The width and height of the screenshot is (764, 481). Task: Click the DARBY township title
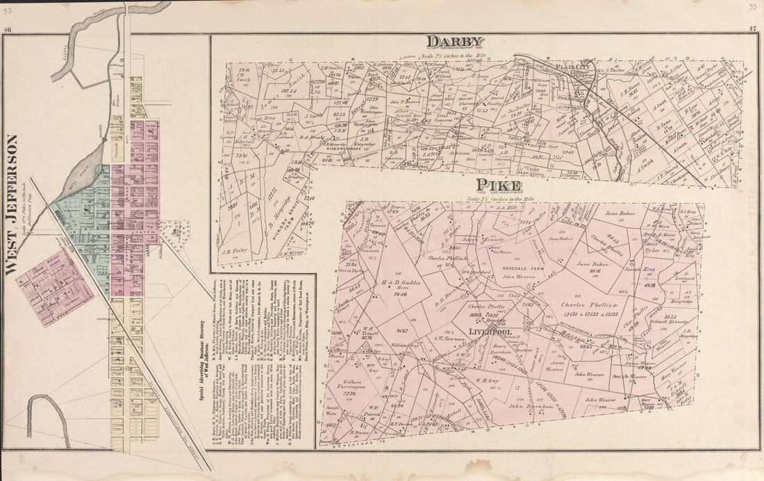point(455,42)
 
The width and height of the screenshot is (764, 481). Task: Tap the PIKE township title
point(499,186)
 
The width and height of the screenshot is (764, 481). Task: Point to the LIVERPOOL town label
point(488,332)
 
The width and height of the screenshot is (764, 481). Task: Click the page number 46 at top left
point(8,29)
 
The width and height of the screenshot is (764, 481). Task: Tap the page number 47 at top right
point(753,29)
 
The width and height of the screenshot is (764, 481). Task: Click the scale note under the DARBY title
point(454,55)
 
